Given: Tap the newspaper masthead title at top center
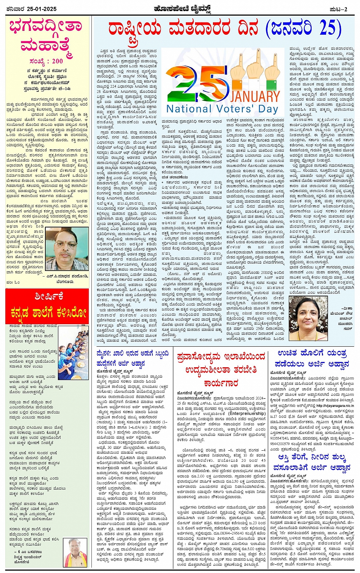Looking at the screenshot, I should pyautogui.click(x=180, y=8).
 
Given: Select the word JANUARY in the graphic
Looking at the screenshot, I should pyautogui.click(x=255, y=96).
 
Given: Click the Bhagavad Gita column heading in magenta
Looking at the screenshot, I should pyautogui.click(x=46, y=36).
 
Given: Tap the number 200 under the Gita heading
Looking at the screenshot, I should pyautogui.click(x=57, y=61).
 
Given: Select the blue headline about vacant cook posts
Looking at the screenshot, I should pyautogui.click(x=132, y=359).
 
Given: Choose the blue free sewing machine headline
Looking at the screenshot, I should pyautogui.click(x=313, y=359).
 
